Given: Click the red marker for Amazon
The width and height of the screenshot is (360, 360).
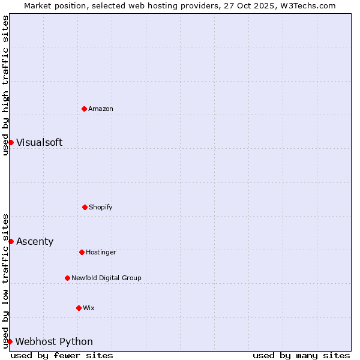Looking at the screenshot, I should (x=84, y=109).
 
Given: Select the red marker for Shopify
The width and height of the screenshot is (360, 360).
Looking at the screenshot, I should (x=85, y=207).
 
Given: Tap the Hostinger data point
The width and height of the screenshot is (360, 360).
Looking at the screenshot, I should (x=82, y=252).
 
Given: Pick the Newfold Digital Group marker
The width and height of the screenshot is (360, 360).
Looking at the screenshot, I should (x=67, y=278).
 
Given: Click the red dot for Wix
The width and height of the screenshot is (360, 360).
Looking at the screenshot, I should (x=79, y=308).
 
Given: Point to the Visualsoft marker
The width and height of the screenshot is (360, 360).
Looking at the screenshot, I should (x=11, y=142).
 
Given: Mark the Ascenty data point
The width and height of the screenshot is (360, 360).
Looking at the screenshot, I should (x=11, y=241).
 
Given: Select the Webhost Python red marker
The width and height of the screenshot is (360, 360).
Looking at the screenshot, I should (x=10, y=341).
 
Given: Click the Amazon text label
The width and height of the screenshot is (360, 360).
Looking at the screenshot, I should (x=101, y=109).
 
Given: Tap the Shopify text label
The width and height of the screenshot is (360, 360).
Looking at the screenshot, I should (x=101, y=207).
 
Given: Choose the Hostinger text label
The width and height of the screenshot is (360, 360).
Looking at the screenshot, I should (x=101, y=252).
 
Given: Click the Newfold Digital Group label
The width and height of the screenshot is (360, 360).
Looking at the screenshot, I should (x=106, y=278).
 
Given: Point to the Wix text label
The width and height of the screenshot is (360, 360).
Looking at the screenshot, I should (x=89, y=308).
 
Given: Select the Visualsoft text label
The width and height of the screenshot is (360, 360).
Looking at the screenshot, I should (x=39, y=142).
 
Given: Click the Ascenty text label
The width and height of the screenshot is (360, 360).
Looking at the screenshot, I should (x=35, y=241).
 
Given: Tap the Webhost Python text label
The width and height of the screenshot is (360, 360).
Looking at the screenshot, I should (x=54, y=341).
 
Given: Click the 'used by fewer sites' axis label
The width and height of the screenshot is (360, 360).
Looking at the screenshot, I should (x=62, y=355).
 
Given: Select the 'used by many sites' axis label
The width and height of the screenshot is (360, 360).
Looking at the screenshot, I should (x=301, y=355).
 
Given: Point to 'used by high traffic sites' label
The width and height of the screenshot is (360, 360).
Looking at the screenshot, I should (x=5, y=85).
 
